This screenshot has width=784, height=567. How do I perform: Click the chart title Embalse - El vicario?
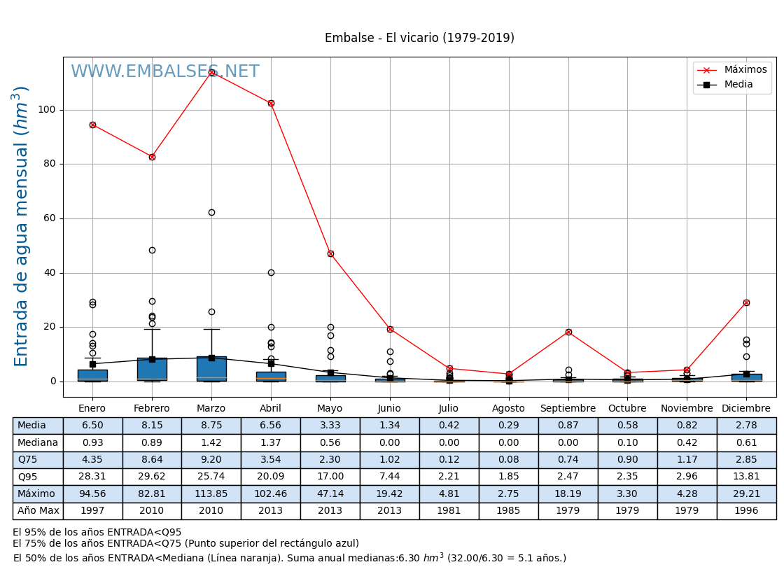tap(419, 38)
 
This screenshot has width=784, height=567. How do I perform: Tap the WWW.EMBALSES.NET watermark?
tap(164, 72)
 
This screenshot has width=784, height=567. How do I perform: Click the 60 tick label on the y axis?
tap(50, 218)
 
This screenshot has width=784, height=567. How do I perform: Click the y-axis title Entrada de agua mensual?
tap(22, 226)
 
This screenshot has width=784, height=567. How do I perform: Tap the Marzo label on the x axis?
tap(211, 409)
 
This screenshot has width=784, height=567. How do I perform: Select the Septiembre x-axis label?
tap(568, 409)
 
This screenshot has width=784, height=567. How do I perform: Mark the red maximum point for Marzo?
tap(211, 72)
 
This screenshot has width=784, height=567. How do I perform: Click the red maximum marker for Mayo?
tap(330, 253)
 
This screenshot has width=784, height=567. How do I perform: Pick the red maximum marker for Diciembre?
tap(746, 302)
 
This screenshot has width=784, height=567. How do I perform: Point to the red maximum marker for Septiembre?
tap(568, 332)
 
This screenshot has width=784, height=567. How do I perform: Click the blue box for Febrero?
tap(152, 369)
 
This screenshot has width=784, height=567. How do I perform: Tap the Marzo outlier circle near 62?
tap(211, 212)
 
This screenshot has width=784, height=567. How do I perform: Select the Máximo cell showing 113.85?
tap(211, 493)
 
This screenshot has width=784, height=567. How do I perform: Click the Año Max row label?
tap(38, 511)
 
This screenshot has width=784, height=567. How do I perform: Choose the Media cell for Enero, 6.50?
tap(92, 426)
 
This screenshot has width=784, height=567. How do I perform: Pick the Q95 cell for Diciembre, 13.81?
tap(746, 477)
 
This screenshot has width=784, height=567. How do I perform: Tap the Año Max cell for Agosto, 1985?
tap(508, 511)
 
